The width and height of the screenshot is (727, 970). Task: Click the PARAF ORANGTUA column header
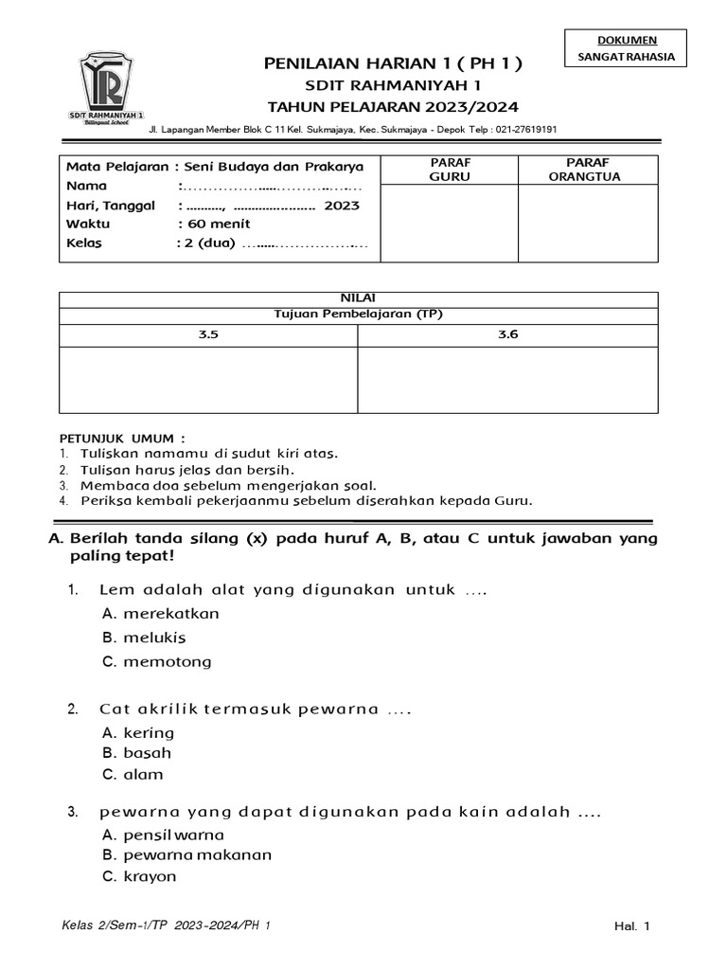(x=588, y=170)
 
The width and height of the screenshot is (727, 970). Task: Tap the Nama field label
(x=87, y=186)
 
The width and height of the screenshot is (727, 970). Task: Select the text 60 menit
(x=217, y=224)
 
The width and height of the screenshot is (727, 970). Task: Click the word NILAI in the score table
(x=358, y=297)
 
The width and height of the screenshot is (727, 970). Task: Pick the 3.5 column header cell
(x=208, y=334)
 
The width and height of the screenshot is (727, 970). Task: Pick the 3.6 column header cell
(x=507, y=334)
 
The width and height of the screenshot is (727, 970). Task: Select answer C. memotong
(x=156, y=661)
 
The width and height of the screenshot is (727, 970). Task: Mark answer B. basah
(x=136, y=753)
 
